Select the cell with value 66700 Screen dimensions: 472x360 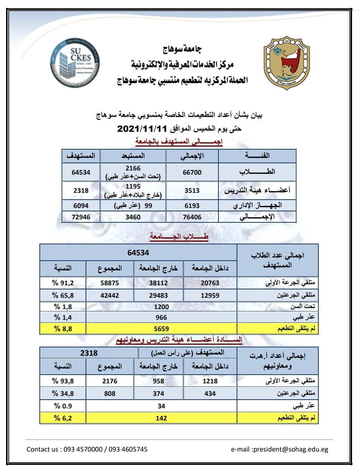pyautogui.click(x=192, y=172)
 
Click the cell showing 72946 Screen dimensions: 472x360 pyautogui.click(x=81, y=217)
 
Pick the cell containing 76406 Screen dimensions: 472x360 pyautogui.click(x=192, y=217)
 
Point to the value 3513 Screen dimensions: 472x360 pyautogui.click(x=192, y=191)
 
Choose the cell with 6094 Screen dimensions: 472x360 pyautogui.click(x=81, y=206)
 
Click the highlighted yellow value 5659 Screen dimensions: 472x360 pyautogui.click(x=162, y=329)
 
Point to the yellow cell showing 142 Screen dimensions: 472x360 pyautogui.click(x=162, y=418)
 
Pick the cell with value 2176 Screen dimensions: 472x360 pyautogui.click(x=110, y=381)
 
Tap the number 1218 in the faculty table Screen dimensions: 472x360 pyautogui.click(x=210, y=381)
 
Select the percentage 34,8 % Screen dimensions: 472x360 pyautogui.click(x=63, y=394)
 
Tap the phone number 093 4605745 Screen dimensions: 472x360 pyautogui.click(x=128, y=450)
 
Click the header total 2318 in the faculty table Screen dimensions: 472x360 pyautogui.click(x=89, y=353)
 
